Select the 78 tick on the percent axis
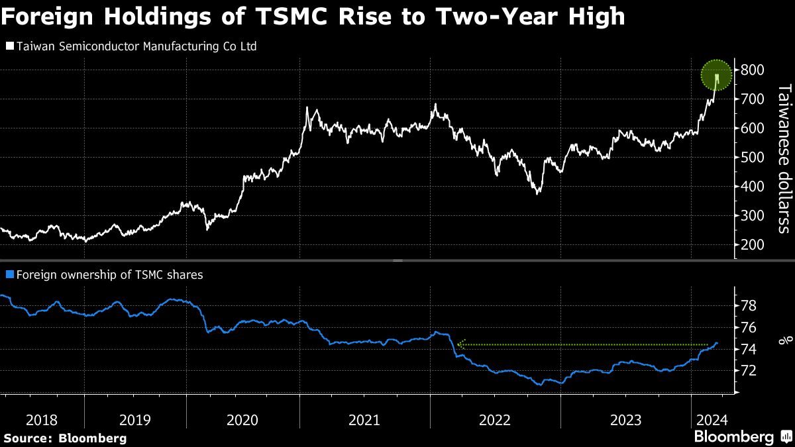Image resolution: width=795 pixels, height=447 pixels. [748, 306]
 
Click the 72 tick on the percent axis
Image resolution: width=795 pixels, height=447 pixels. [748, 371]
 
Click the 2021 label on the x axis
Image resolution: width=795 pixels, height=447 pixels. [364, 420]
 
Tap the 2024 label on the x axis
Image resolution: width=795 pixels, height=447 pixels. [712, 420]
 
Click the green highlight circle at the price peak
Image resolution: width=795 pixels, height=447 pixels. [716, 75]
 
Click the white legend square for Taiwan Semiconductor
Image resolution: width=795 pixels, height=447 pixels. [9, 47]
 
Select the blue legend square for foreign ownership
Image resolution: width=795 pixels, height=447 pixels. [9, 273]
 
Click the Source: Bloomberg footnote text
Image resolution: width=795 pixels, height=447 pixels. [65, 438]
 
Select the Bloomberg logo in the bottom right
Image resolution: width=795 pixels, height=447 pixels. [741, 436]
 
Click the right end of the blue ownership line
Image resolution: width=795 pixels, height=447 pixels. [717, 342]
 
